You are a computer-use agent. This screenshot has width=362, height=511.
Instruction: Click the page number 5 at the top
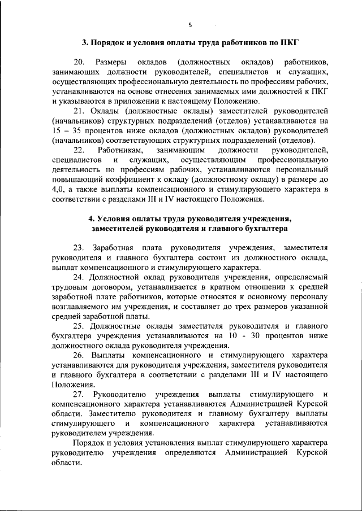click(190, 25)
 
